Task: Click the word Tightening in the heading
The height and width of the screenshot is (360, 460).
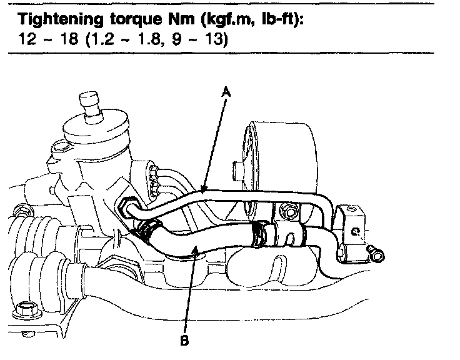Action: coord(61,19)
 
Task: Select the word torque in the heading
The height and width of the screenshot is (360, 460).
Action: coord(136,20)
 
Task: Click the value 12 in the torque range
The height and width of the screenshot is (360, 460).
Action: coord(27,38)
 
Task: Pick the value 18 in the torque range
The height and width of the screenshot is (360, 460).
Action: coord(69,38)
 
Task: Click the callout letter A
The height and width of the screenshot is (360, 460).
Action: coord(226,91)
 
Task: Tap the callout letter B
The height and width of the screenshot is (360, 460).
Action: coord(184,340)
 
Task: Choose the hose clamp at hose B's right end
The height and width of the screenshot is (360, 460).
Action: coord(259,233)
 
